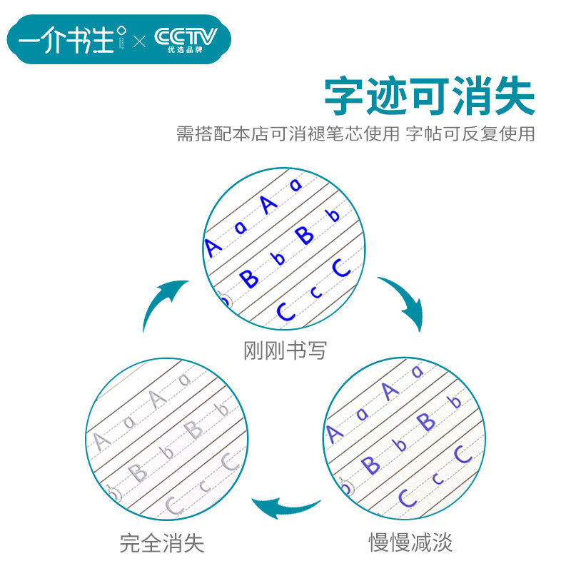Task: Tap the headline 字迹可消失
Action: [429, 97]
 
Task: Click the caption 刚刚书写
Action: [285, 350]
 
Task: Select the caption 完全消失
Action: [162, 543]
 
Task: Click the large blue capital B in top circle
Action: [305, 233]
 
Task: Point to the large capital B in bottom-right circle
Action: [425, 422]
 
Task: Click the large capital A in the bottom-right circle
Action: [390, 390]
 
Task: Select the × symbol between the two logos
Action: [139, 40]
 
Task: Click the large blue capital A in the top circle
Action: [268, 204]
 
